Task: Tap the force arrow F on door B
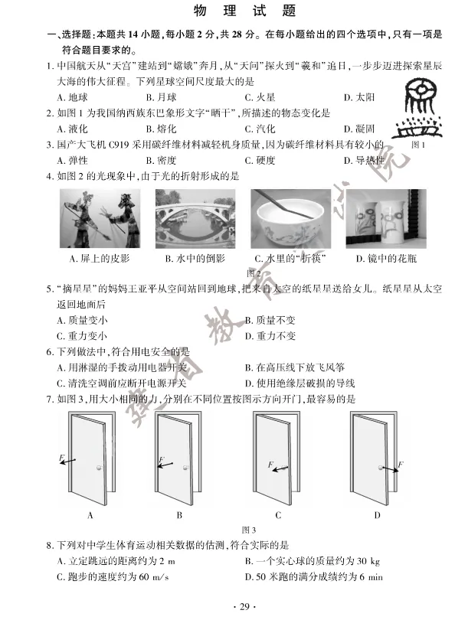coord(165,462)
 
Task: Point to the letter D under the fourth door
coord(377,515)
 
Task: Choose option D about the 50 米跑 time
coord(313,576)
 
